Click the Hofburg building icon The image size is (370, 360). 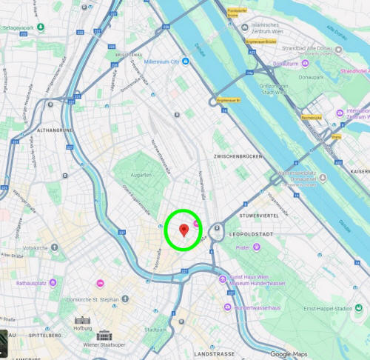(81, 324)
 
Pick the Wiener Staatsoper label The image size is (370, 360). (104, 345)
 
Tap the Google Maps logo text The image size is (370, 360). (289, 353)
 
